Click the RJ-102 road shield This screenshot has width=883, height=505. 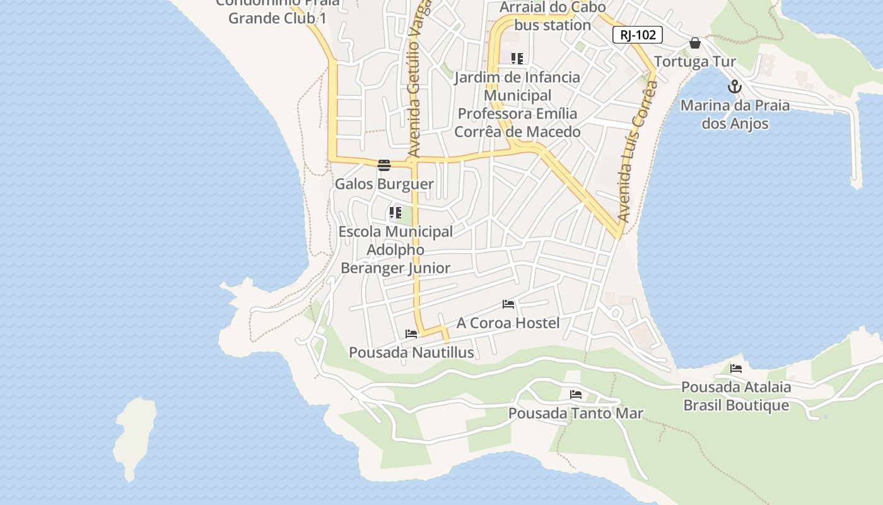pos(637,35)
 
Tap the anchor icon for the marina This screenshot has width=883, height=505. pos(735,86)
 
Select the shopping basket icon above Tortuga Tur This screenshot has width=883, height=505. pos(695,43)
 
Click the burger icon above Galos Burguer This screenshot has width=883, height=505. pos(384,165)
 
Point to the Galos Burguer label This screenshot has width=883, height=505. pos(384,184)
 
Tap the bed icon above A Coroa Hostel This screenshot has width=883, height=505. pos(508,304)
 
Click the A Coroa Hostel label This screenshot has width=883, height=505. pos(508,323)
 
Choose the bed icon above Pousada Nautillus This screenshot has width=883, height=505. pos(411,333)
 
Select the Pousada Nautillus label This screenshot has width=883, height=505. pos(411,352)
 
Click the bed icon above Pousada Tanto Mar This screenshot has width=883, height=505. pos(576,395)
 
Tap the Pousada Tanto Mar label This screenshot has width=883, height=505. pos(576,413)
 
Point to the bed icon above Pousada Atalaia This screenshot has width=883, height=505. pos(736,369)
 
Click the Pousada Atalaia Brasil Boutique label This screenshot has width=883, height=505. pos(736,396)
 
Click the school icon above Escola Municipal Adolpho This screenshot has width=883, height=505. pos(395,213)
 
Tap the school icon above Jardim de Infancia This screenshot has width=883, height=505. pos(517,59)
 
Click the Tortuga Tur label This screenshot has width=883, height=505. pos(695,62)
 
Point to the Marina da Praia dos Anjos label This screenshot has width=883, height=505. pos(735,114)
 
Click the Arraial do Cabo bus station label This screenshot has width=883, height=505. pos(553,16)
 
